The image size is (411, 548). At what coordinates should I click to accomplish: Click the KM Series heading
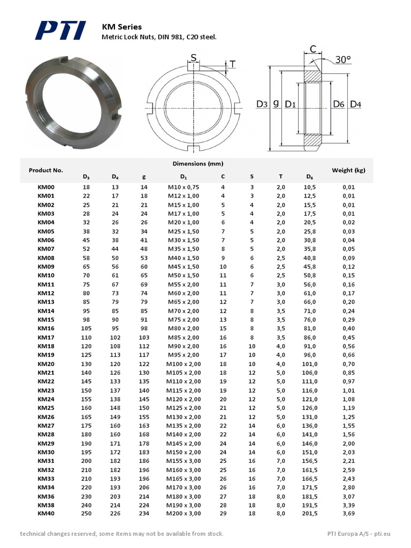(x=121, y=26)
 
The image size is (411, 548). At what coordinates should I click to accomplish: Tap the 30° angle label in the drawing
(x=344, y=59)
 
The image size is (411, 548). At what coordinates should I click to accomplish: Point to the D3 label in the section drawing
(x=262, y=104)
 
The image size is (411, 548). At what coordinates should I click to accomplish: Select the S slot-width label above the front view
(x=193, y=58)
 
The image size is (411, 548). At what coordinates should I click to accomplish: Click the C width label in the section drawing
(x=313, y=50)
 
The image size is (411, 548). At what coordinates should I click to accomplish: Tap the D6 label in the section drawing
(x=338, y=104)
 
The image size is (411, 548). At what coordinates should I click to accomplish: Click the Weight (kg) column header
(x=348, y=170)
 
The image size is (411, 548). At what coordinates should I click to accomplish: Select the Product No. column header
(x=46, y=170)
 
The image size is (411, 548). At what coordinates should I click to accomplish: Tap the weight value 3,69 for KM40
(x=348, y=513)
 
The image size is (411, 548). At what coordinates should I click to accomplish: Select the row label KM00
(x=46, y=187)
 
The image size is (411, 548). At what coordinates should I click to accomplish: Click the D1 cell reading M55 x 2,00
(x=183, y=284)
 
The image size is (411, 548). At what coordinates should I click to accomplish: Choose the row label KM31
(x=46, y=461)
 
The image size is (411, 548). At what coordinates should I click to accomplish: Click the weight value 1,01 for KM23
(x=348, y=391)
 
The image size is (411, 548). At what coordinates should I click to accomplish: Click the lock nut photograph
(x=73, y=102)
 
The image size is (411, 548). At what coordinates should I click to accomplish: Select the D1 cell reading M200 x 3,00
(x=183, y=513)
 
